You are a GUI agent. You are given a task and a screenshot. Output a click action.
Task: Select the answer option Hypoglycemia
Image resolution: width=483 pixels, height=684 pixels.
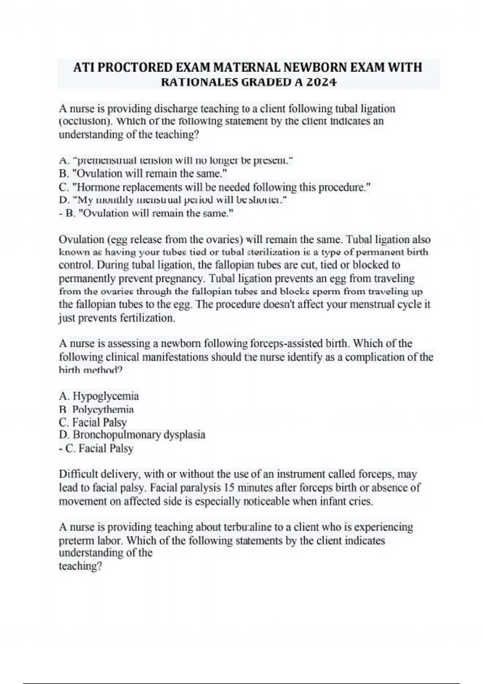pyautogui.click(x=105, y=396)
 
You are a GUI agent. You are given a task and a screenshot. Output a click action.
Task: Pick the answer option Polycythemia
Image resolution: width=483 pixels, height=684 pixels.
pyautogui.click(x=103, y=410)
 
